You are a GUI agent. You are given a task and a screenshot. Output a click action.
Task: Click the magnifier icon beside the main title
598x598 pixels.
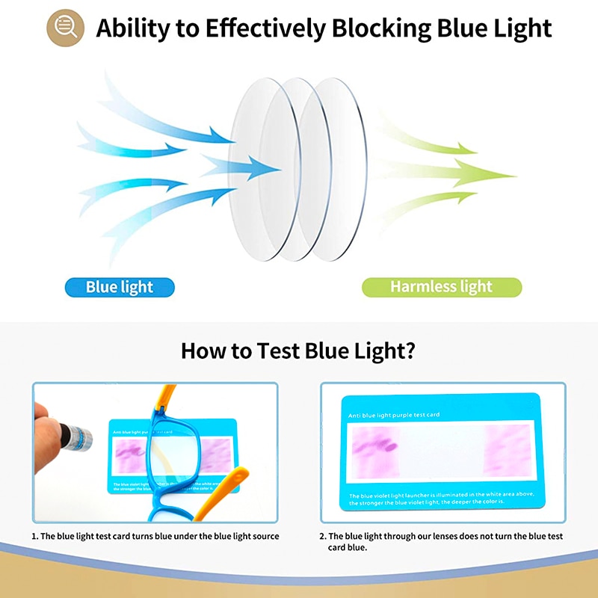point(65,28)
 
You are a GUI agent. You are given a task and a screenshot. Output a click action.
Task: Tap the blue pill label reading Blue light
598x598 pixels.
point(120,287)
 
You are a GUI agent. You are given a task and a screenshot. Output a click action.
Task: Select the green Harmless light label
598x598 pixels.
point(441,287)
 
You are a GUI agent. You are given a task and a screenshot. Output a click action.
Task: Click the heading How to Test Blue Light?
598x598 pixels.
point(298,351)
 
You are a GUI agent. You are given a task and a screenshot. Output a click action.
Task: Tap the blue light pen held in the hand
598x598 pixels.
point(75,434)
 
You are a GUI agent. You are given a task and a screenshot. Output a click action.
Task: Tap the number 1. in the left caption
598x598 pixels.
point(34,536)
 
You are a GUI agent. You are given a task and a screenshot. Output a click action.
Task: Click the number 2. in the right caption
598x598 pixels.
point(324,536)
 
